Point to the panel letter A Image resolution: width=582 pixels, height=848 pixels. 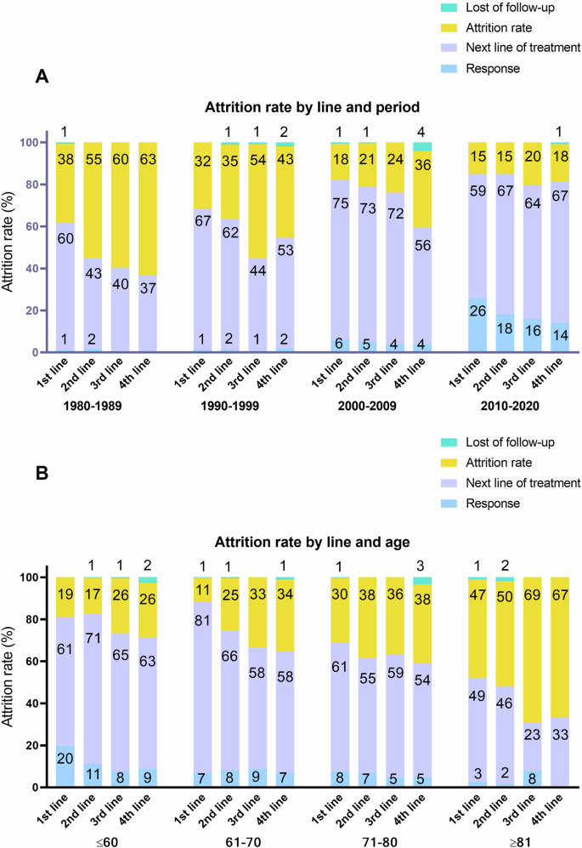(40, 77)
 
